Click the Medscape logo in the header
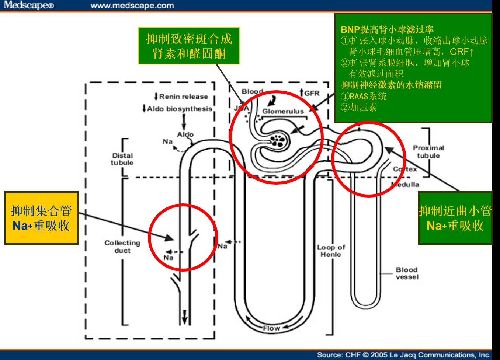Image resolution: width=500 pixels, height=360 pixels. tap(29, 5)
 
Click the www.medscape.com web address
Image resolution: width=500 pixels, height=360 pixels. tap(132, 6)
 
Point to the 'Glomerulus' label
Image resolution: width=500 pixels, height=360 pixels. tap(283, 111)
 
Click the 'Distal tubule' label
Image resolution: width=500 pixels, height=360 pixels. tap(122, 159)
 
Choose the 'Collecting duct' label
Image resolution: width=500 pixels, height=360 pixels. tap(122, 247)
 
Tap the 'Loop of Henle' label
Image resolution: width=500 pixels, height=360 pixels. tap(331, 251)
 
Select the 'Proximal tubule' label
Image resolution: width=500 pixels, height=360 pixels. tap(428, 151)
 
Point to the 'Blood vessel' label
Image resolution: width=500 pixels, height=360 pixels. tap(407, 273)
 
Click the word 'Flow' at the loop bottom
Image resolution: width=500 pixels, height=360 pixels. tap(271, 328)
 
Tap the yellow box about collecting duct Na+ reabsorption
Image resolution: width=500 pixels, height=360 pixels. tap(41, 218)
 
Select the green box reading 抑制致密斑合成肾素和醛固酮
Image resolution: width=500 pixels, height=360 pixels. tap(189, 46)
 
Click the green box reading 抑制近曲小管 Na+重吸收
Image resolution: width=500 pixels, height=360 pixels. tap(455, 218)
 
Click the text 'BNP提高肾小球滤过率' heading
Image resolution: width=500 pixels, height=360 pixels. tap(387, 29)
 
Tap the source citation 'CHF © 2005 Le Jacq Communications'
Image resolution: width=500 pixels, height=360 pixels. tap(404, 355)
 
